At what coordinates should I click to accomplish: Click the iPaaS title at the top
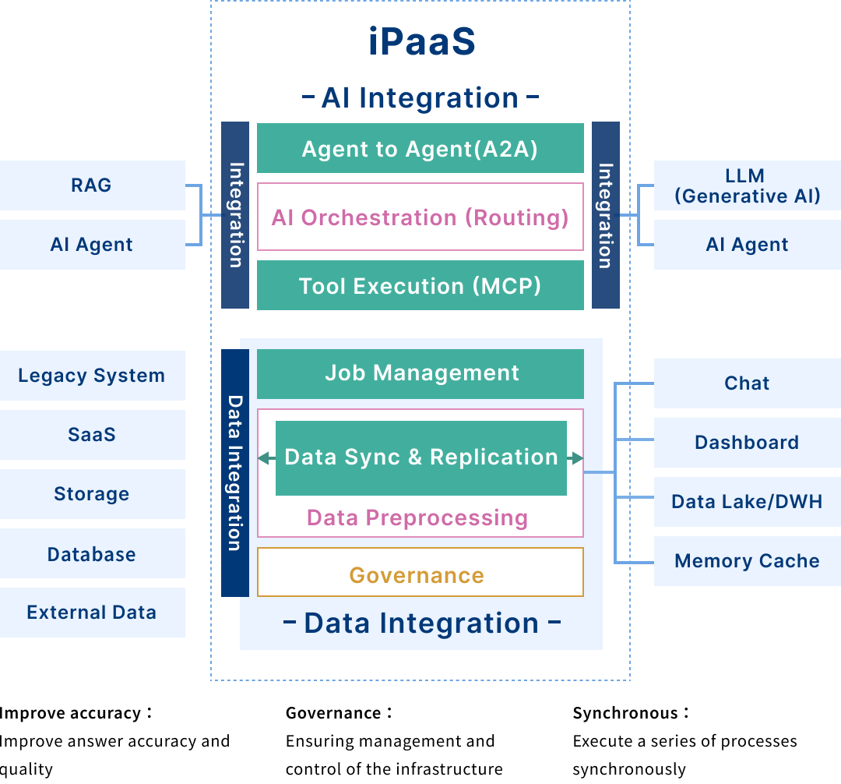point(421,43)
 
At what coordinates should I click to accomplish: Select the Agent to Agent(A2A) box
point(420,148)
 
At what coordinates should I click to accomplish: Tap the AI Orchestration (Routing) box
point(420,217)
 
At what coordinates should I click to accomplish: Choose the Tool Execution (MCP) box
point(420,285)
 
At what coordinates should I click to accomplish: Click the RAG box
point(92,185)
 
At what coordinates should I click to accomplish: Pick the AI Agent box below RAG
point(92,245)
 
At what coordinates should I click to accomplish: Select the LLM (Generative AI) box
point(747,185)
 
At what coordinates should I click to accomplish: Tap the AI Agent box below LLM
point(747,245)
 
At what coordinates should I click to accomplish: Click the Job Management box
point(420,373)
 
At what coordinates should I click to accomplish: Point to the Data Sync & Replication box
point(420,457)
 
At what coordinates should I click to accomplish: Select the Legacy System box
point(92,376)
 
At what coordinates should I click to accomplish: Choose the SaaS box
point(92,435)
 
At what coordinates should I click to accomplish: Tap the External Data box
point(92,613)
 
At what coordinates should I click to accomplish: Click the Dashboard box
point(747,443)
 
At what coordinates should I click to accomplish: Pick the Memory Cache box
point(747,561)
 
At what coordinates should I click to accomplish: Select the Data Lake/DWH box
point(747,502)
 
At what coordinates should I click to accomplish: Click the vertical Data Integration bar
point(234,472)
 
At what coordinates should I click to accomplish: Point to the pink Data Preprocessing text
point(417,517)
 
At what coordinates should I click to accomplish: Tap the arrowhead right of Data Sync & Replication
point(576,458)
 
